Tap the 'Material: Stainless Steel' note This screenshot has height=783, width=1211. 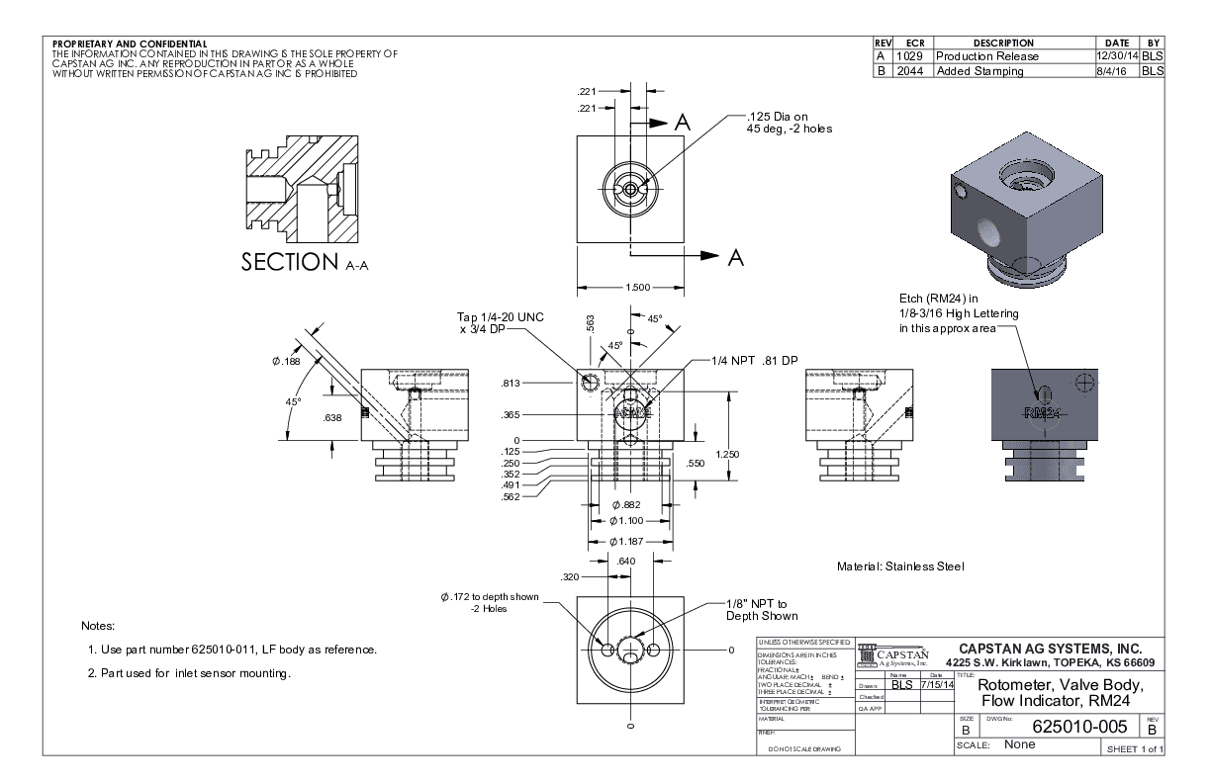coord(900,566)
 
